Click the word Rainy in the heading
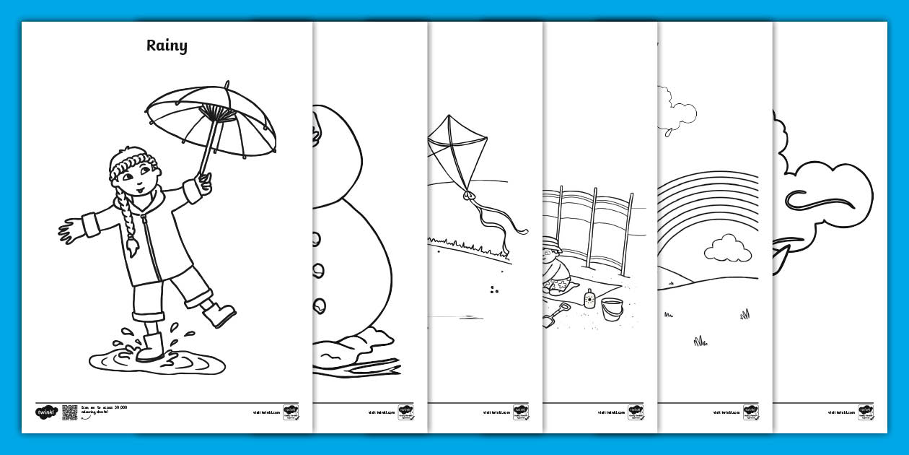167,45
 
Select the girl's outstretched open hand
71,231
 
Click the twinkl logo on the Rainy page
45,412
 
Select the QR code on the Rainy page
69,412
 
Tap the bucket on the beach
612,310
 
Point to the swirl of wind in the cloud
822,199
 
